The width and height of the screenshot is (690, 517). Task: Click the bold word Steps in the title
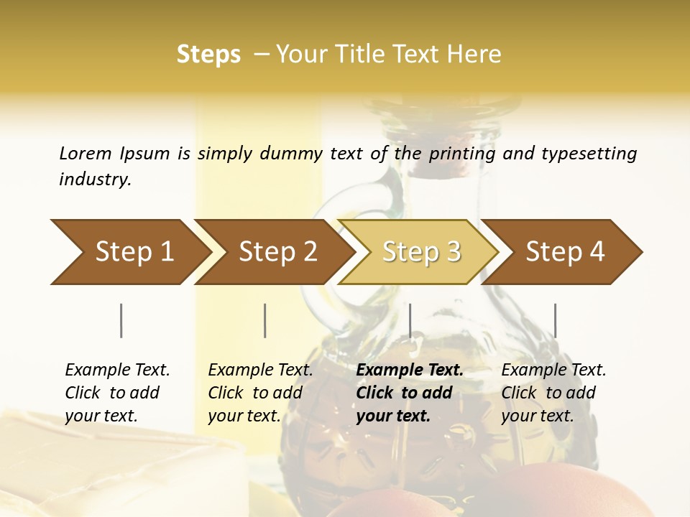coord(208,55)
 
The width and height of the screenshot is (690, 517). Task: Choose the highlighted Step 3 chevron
coord(421,251)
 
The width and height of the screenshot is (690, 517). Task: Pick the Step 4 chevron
coord(565,251)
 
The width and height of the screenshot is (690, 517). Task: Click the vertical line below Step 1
coord(121,320)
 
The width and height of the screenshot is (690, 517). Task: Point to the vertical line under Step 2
coord(265,320)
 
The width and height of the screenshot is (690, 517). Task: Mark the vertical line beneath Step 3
coord(410,320)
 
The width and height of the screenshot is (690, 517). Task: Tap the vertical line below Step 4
coord(555,320)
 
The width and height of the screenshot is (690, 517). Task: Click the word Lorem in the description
coord(86,153)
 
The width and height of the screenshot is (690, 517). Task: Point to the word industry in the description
coord(95,180)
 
